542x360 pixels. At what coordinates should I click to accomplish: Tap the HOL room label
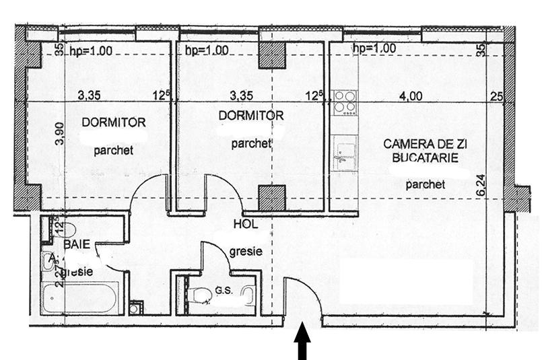click(245, 224)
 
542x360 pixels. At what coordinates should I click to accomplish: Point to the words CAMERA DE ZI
click(421, 144)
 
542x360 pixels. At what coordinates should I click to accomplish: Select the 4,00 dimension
click(411, 96)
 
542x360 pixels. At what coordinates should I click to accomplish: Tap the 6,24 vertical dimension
click(480, 185)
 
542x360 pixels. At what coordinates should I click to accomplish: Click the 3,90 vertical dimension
click(59, 134)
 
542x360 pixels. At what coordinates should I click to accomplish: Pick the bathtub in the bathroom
click(79, 297)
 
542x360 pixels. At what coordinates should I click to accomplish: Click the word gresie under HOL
click(246, 252)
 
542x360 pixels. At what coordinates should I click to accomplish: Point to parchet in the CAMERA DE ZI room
click(426, 184)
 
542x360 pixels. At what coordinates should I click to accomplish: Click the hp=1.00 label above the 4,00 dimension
click(374, 48)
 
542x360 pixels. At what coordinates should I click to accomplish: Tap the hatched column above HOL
click(273, 198)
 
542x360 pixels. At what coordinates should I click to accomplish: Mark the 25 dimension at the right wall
click(497, 97)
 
